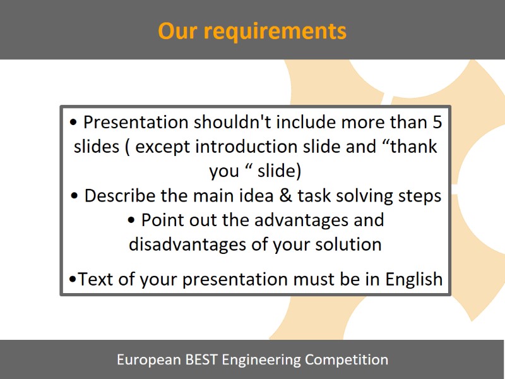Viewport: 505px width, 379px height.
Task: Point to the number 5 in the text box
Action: click(436, 121)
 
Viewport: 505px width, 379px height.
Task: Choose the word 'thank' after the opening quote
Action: click(414, 147)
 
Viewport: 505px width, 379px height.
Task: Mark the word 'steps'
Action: click(422, 196)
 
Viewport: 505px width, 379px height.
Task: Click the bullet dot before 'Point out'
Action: click(131, 220)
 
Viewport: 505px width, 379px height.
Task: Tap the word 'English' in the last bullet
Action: click(412, 279)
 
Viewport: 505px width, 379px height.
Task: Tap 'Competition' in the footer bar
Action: click(347, 360)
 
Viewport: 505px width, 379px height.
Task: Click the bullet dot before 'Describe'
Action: click(75, 196)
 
